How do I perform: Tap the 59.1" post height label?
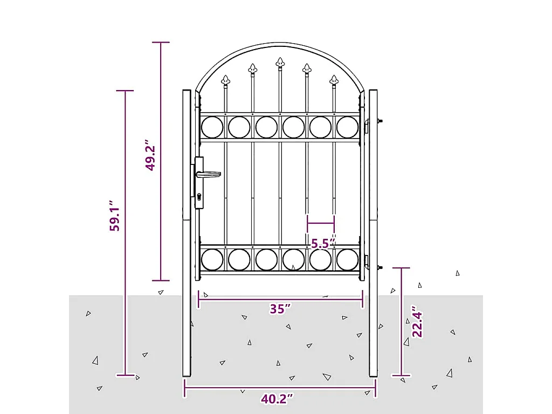114,217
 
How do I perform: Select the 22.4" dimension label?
416,322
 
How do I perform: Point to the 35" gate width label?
280,309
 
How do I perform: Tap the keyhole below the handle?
199,197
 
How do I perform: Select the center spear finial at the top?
280,63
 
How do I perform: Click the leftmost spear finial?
225,81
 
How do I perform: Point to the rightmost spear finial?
334,81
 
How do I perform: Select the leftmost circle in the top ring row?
212,127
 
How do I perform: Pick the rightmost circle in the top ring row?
348,127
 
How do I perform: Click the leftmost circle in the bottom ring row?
212,259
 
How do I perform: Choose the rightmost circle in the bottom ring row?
348,259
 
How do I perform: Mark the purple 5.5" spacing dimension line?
321,223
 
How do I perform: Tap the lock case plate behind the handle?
199,183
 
